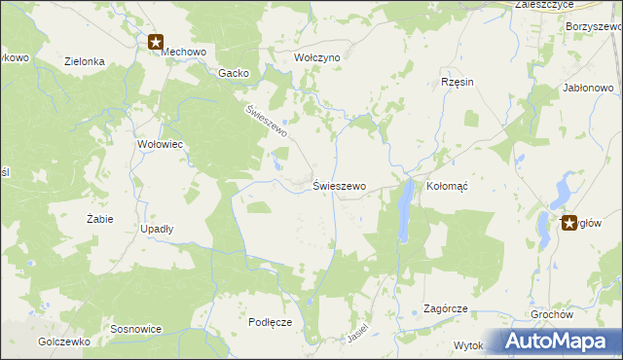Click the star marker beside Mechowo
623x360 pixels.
click(156, 42)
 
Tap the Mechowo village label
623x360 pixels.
click(186, 52)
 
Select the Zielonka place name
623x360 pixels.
click(84, 61)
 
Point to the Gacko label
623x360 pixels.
click(235, 73)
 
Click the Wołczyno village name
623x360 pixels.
click(317, 57)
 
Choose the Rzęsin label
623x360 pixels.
click(457, 83)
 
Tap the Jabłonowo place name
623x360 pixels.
click(588, 88)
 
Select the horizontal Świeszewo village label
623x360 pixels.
click(339, 186)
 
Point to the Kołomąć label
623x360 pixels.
click(448, 186)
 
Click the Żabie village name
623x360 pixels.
click(99, 219)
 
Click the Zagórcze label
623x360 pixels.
click(446, 308)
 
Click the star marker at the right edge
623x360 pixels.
click(569, 224)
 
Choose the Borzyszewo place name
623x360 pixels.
click(592, 26)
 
